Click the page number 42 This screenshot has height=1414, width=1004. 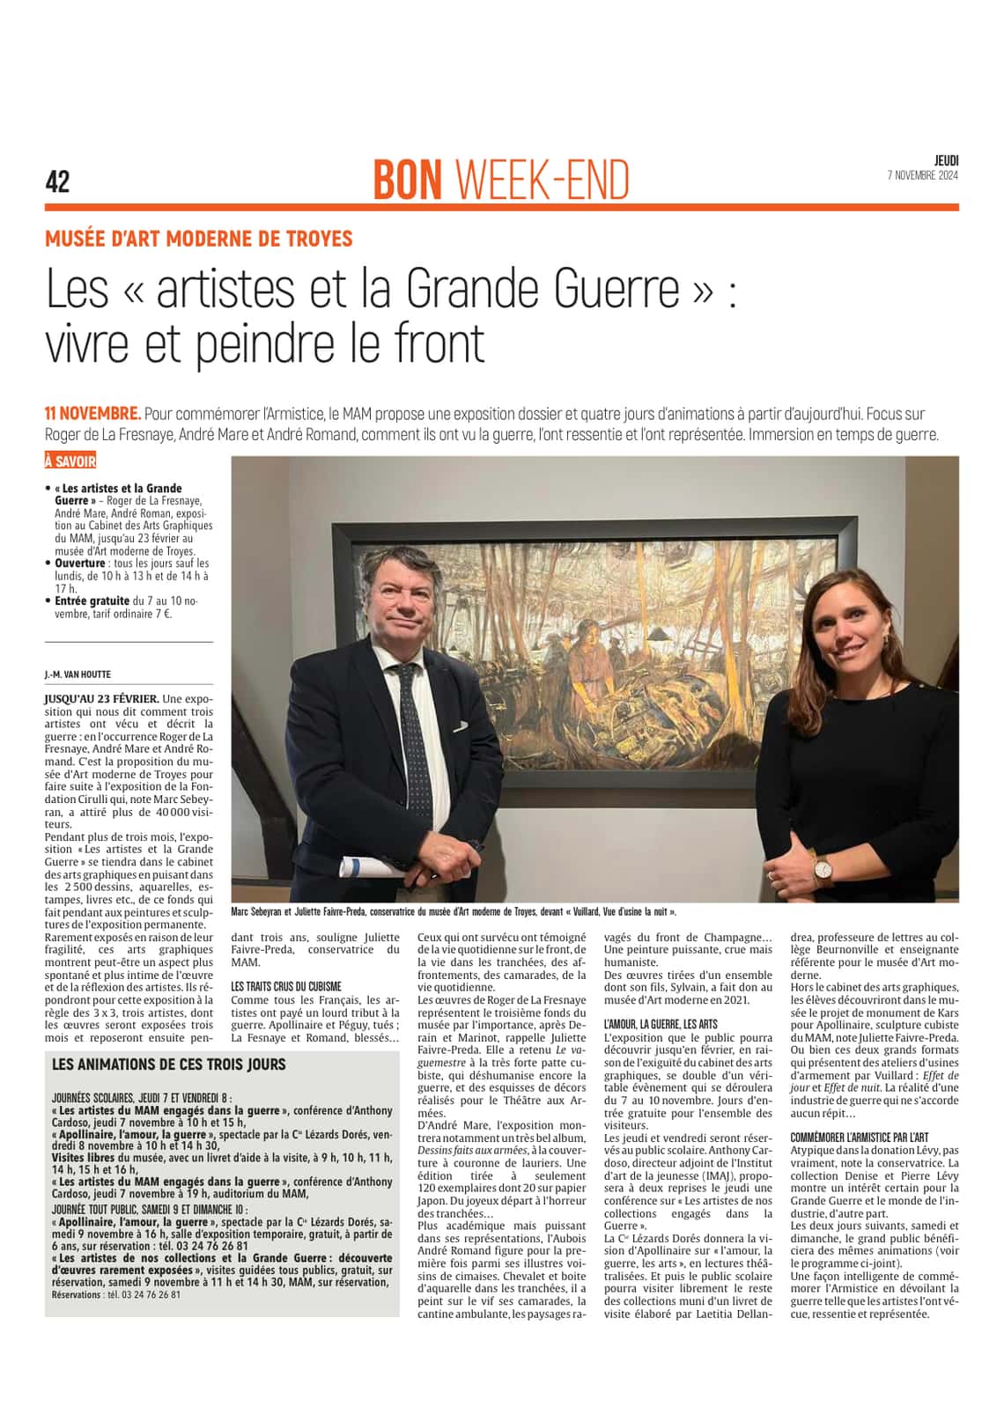57,181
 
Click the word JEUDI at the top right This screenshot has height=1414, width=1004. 946,160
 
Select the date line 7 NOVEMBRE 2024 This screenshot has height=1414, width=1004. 922,175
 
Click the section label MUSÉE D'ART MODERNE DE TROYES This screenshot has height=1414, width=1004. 199,239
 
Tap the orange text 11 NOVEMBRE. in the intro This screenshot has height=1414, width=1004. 92,414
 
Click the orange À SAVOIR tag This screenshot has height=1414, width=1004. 70,461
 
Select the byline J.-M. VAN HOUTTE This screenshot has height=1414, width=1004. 78,674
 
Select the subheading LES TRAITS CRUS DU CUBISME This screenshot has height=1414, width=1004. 286,987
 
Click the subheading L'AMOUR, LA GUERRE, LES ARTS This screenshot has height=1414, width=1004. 661,1024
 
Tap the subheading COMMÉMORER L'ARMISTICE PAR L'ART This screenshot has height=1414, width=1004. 859,1138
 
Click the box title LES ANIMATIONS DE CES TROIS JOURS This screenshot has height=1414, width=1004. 169,1064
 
